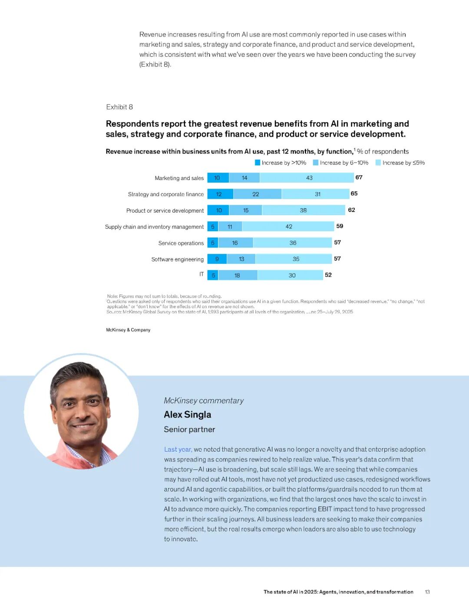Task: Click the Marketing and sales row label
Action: point(179,178)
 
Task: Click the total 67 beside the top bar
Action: point(359,177)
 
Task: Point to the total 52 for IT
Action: point(328,275)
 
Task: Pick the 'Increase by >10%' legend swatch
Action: point(258,163)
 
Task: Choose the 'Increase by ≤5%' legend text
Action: point(403,163)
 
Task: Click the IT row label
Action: point(201,275)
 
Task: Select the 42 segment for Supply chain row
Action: point(288,226)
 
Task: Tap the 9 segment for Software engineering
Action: point(217,259)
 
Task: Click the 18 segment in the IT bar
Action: point(238,275)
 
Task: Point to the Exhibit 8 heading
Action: point(119,107)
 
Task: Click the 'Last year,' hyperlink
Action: point(178,449)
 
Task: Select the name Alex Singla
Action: point(188,415)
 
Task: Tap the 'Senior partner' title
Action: point(189,429)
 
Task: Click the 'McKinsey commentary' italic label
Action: point(204,401)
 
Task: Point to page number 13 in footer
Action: point(427,592)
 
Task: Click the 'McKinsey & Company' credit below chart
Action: point(128,330)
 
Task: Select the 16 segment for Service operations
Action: point(235,243)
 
